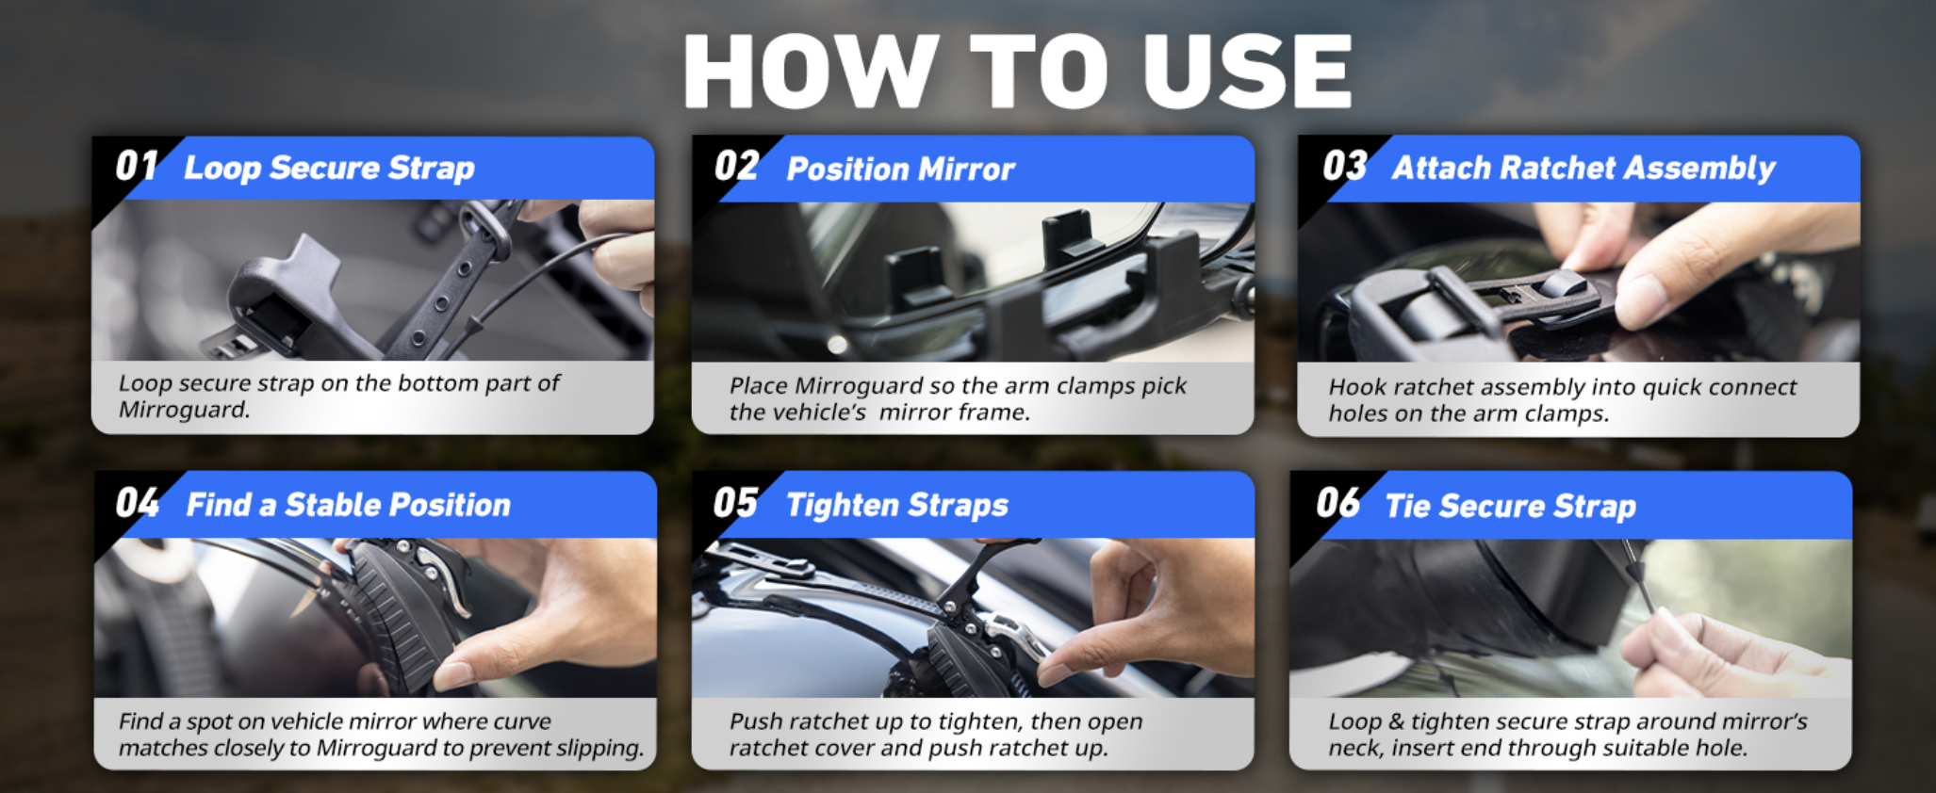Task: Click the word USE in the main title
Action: tap(1247, 71)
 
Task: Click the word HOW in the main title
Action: tap(811, 71)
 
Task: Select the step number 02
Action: tap(736, 167)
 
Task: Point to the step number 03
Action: tap(1345, 167)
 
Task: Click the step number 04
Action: tap(138, 503)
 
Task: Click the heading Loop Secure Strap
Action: tap(329, 168)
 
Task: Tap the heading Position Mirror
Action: tap(900, 169)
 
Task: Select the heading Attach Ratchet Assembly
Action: tap(1583, 169)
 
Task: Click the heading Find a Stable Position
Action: tap(349, 505)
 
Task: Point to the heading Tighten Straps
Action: tap(897, 506)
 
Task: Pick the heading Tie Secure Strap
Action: tap(1510, 507)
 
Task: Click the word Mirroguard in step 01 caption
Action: tap(184, 410)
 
